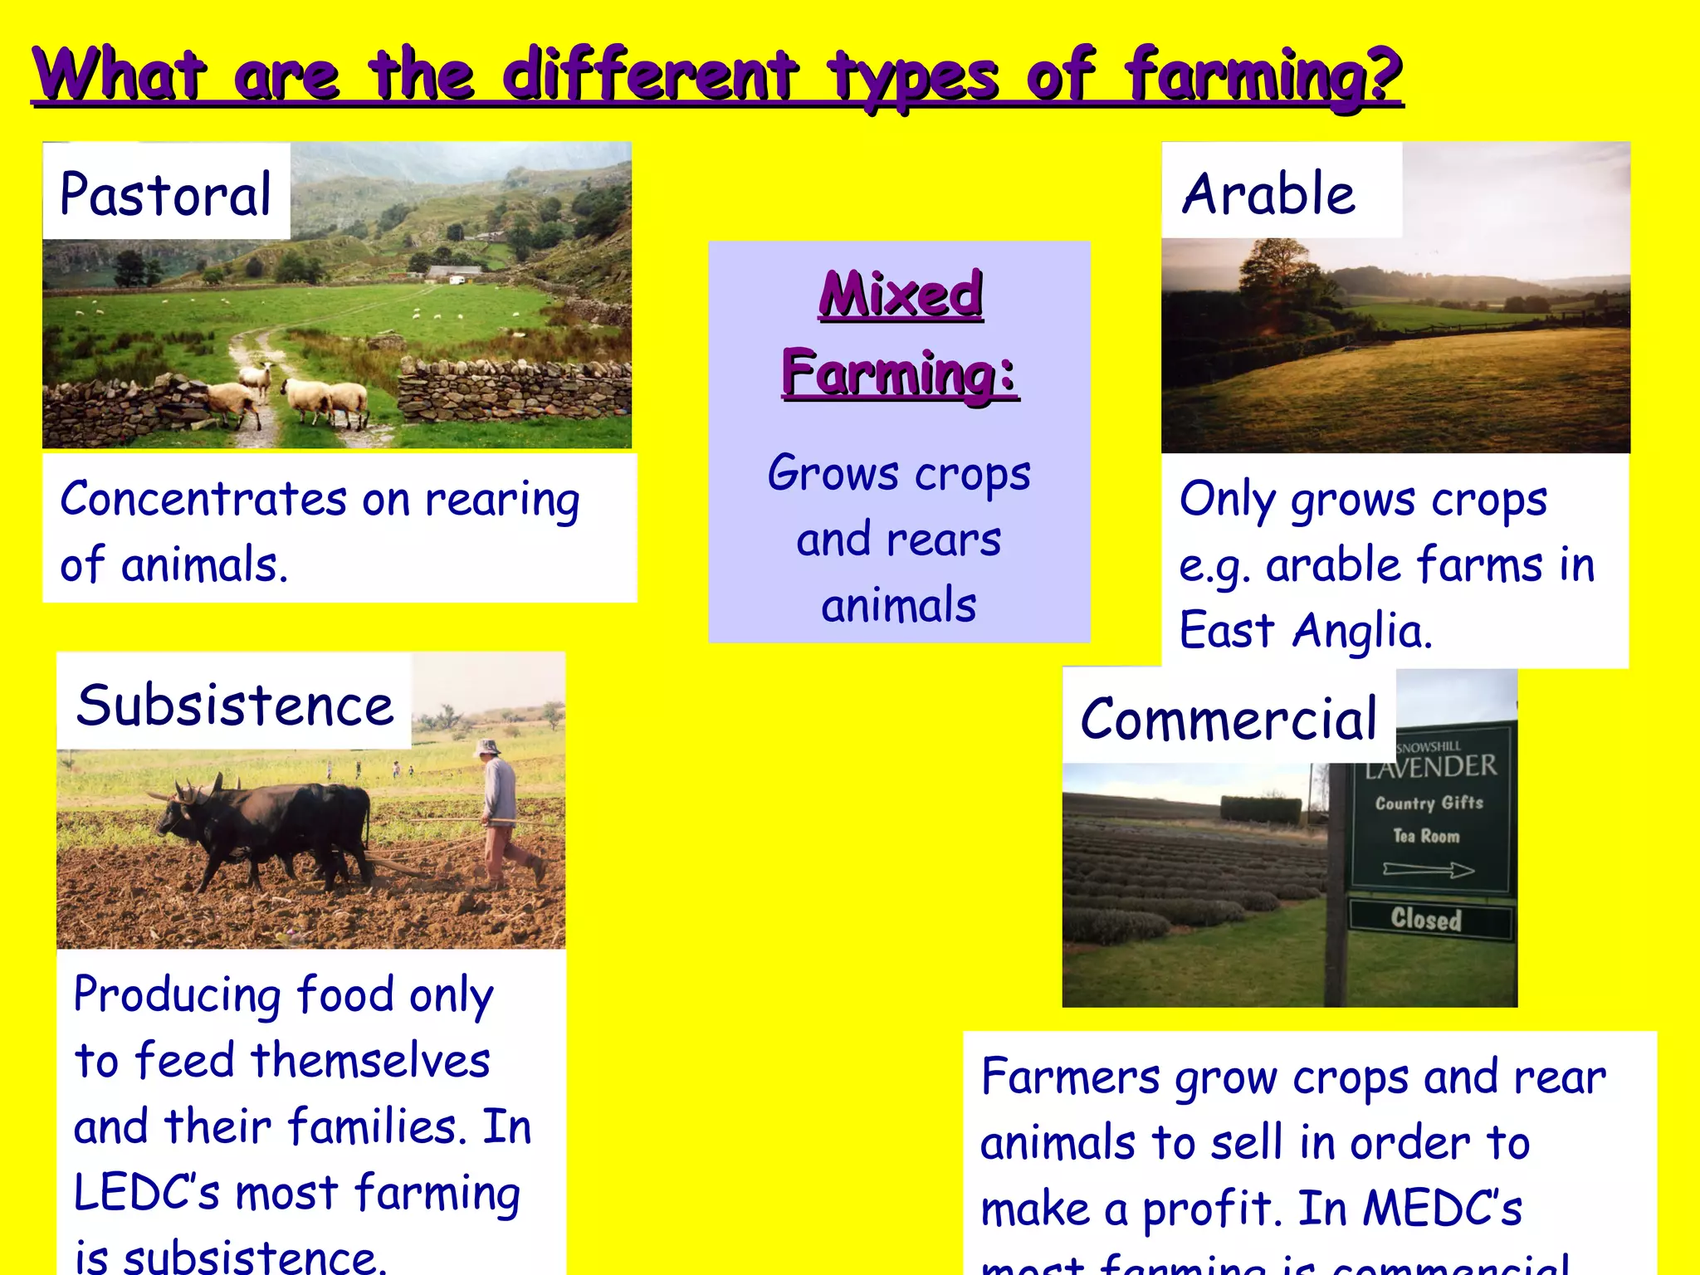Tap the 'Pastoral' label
(166, 194)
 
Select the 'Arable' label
(1268, 194)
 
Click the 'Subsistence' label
(235, 706)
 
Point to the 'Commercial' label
(1228, 719)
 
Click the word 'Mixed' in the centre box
(901, 294)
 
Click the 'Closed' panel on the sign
(1426, 919)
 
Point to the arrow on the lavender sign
(1428, 870)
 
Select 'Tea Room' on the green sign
(1426, 836)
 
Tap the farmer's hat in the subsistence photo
(486, 747)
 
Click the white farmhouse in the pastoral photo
(454, 271)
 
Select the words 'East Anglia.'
(1306, 631)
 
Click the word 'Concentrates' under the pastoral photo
(203, 500)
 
